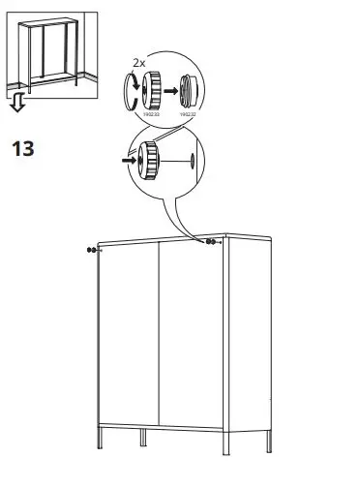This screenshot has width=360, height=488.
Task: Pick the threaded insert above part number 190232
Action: [187, 93]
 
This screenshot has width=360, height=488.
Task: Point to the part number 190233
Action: [149, 114]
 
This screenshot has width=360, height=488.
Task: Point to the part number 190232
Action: [187, 114]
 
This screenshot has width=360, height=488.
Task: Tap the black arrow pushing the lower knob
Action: [128, 159]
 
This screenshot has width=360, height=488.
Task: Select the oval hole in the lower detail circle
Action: [194, 159]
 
